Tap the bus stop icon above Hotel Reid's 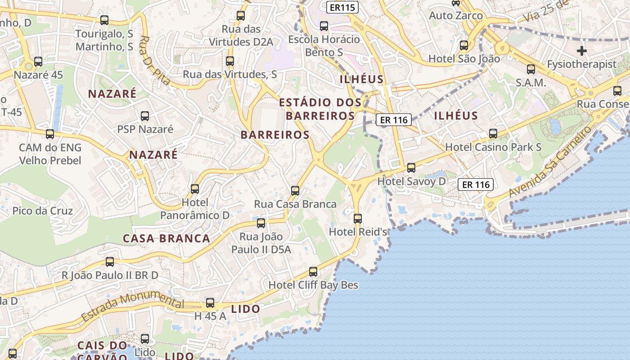tap(358, 219)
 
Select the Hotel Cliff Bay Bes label tap(313, 285)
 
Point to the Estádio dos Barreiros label tap(320, 109)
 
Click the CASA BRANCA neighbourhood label tap(166, 238)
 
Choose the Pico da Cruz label tap(43, 211)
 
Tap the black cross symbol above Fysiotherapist tap(582, 51)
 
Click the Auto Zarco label tap(456, 16)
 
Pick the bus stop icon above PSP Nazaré tap(145, 116)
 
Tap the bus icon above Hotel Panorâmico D tap(195, 189)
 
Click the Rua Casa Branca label tap(295, 204)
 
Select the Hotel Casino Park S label tap(493, 147)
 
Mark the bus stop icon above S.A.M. tap(531, 69)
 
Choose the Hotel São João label tap(464, 58)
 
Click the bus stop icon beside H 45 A tap(210, 303)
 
